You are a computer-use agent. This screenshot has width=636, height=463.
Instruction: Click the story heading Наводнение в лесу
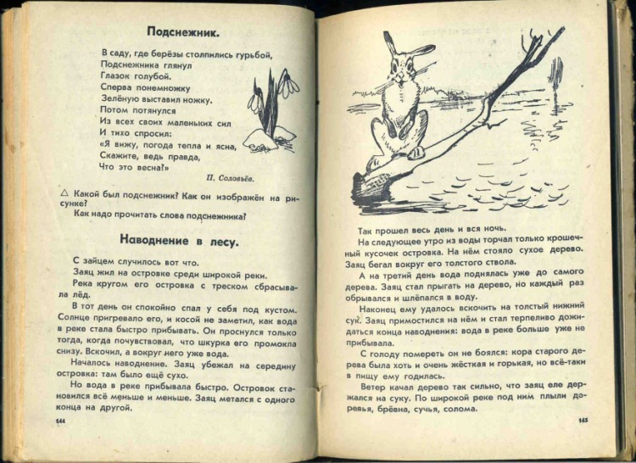pyautogui.click(x=179, y=240)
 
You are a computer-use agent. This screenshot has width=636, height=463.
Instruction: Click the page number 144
pyautogui.click(x=60, y=421)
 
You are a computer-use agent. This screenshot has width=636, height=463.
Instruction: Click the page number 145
pyautogui.click(x=583, y=422)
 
